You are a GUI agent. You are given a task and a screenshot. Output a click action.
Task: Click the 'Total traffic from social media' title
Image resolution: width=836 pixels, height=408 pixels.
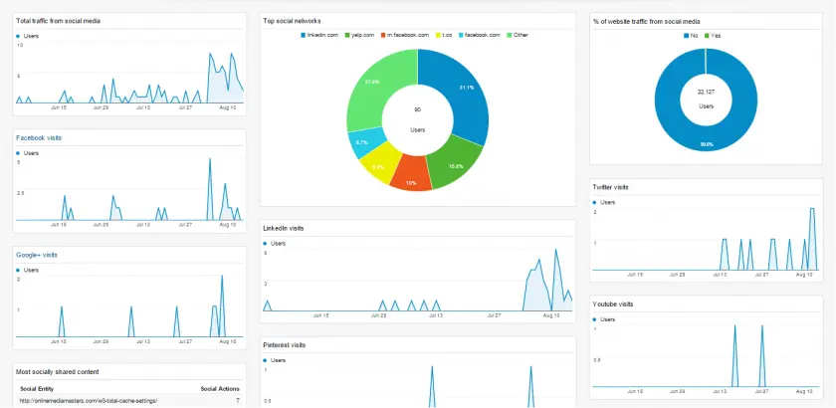58,21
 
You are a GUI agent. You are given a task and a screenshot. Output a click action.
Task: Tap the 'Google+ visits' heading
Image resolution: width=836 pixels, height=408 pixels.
37,255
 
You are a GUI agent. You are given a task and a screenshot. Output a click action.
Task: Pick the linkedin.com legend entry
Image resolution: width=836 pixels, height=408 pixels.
323,35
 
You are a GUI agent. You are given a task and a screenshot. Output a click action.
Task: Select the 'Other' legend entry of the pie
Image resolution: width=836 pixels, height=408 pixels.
521,35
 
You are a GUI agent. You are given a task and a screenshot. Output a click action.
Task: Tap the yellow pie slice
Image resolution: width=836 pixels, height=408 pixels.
378,161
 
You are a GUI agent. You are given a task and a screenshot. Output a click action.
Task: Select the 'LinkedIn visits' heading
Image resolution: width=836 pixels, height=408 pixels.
284,228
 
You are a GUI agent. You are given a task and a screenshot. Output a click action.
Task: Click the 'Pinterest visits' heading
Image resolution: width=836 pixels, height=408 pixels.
284,344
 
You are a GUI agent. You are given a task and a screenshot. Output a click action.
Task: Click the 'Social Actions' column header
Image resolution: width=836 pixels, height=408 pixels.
220,388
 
